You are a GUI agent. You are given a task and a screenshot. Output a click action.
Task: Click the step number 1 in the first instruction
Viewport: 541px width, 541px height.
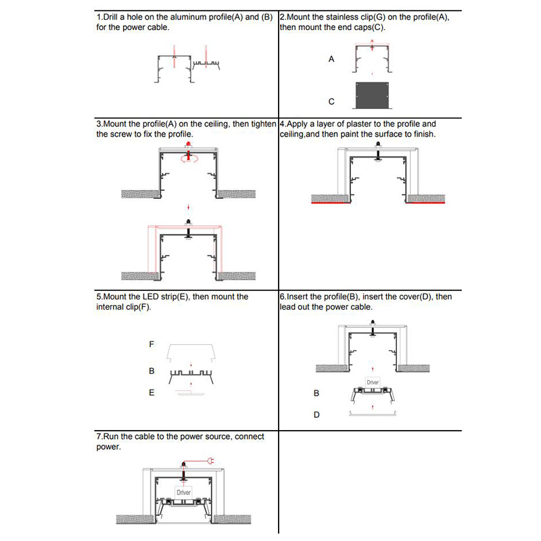[x=99, y=17]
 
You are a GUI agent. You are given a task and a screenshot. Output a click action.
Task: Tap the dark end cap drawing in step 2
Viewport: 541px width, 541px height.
[x=375, y=95]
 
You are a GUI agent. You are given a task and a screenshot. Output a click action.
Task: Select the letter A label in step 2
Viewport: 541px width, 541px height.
[x=331, y=60]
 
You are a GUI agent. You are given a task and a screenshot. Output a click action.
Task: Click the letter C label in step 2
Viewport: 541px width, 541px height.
[x=331, y=101]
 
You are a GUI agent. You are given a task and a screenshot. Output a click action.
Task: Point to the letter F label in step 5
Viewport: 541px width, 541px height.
[x=151, y=344]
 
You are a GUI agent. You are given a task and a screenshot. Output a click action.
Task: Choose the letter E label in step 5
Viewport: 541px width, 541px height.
[x=151, y=392]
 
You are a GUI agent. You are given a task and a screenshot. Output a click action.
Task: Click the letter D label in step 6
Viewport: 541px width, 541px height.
[x=316, y=415]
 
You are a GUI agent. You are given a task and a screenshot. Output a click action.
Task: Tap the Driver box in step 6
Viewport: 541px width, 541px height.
[x=373, y=383]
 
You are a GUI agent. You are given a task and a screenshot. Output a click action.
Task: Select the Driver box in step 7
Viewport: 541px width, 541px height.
[x=183, y=493]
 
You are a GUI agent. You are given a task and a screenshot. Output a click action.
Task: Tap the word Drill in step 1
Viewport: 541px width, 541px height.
[x=112, y=17]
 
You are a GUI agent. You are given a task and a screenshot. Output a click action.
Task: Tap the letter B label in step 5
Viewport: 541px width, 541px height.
[x=151, y=372]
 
